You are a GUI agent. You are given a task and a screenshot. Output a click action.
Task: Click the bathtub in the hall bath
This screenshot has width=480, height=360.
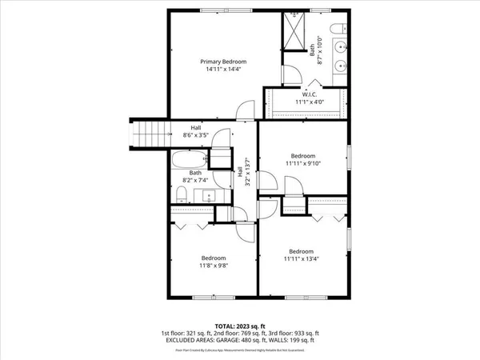[190, 159]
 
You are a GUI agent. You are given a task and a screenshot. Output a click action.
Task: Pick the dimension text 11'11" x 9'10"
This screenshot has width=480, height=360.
[302, 163]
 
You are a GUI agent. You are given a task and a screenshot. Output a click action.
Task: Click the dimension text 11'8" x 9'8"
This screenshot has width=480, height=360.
[213, 266]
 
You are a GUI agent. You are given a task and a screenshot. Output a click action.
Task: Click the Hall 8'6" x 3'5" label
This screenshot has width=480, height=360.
[195, 132]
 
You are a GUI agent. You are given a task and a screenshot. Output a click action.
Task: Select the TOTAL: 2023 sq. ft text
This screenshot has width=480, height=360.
[239, 324]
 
